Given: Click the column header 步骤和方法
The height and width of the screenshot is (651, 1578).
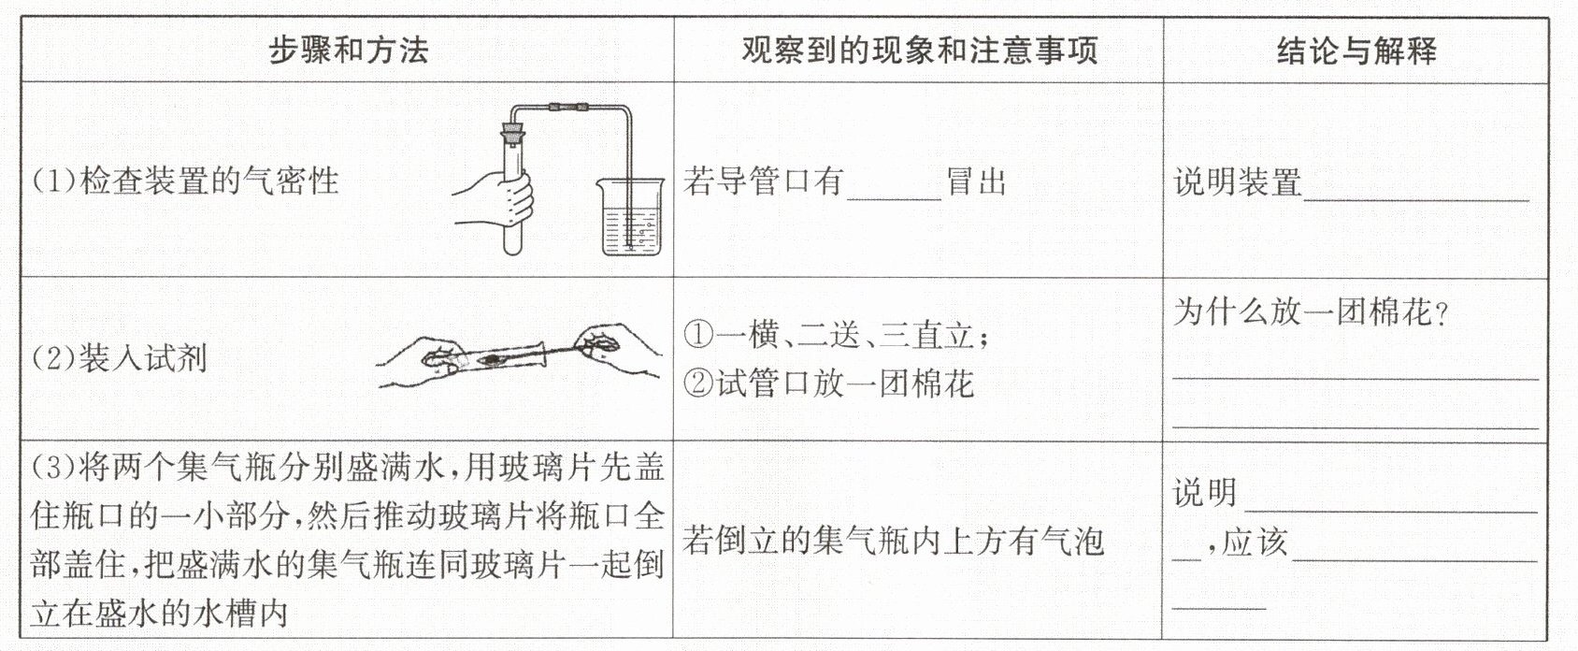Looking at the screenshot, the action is click(348, 50).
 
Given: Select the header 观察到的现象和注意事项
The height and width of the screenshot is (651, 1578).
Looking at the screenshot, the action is click(919, 50).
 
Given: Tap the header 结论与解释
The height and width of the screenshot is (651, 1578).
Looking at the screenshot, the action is click(1356, 50).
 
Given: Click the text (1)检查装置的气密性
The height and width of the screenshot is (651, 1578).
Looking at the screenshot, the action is click(185, 181).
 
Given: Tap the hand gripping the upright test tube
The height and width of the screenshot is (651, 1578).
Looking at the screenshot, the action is click(496, 202).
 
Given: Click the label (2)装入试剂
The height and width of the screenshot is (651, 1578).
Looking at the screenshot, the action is click(119, 358).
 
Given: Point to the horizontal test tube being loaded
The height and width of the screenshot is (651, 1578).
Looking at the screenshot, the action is click(486, 357).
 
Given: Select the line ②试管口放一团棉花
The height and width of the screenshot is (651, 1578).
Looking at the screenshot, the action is click(828, 383).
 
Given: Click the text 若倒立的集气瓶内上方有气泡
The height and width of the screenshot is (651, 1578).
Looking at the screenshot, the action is click(893, 541).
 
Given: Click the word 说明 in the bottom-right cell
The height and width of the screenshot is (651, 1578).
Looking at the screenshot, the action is click(1205, 492).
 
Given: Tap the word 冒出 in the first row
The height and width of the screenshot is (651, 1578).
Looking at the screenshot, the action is click(976, 181).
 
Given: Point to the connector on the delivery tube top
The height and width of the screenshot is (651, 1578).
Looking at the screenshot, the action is click(568, 108).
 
